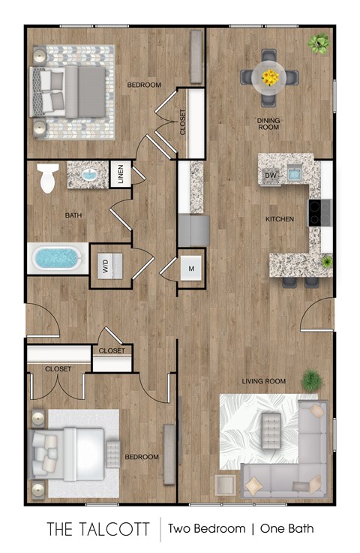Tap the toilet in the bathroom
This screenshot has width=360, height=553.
coord(47,179)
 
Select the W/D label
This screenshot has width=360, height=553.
coord(106,265)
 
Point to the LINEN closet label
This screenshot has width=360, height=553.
coord(120,176)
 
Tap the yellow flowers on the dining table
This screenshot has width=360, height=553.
coord(269,75)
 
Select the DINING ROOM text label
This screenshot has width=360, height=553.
coord(268,123)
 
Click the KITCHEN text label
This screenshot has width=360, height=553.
coord(279,219)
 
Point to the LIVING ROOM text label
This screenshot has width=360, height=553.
coord(263,381)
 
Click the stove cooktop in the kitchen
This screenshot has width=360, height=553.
coord(316,213)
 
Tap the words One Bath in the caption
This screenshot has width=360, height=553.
coord(285,528)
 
